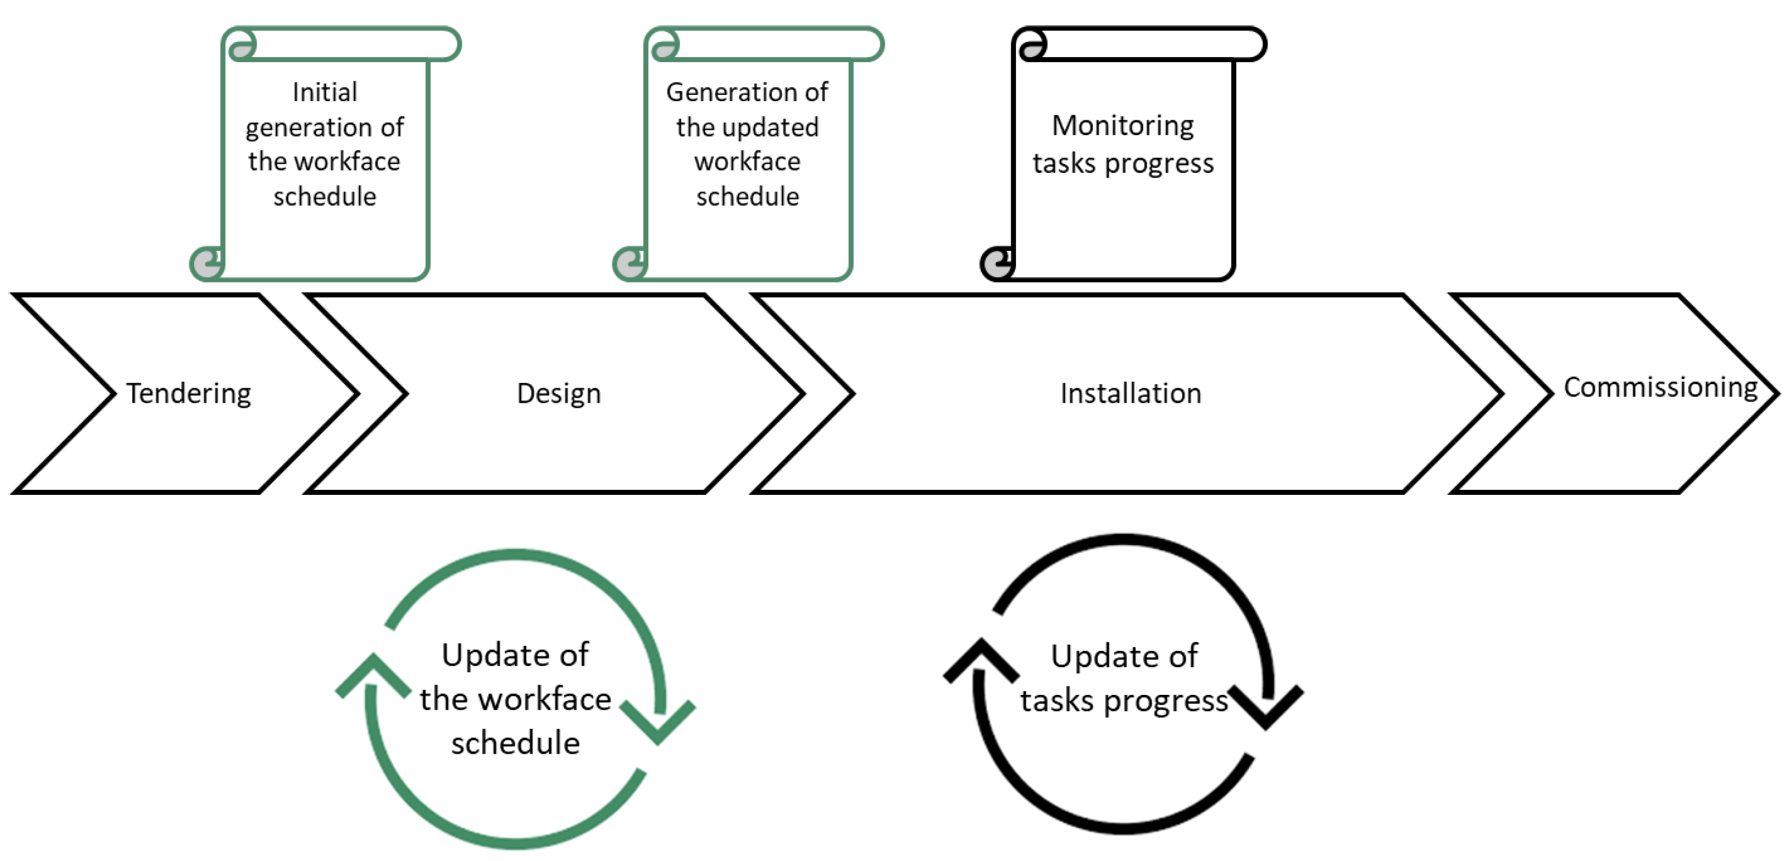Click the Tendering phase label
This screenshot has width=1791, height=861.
click(188, 393)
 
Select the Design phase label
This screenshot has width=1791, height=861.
click(559, 393)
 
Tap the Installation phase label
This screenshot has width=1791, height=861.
click(1131, 393)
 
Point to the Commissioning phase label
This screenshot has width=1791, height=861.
click(1660, 387)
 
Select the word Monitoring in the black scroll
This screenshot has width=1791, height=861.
click(1123, 126)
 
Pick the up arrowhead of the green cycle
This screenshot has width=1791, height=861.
click(373, 674)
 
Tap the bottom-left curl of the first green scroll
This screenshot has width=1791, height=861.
click(207, 264)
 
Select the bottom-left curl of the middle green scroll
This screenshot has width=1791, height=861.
click(630, 264)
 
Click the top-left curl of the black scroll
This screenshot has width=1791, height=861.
click(1032, 46)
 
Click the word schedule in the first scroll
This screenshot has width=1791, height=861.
click(325, 197)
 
